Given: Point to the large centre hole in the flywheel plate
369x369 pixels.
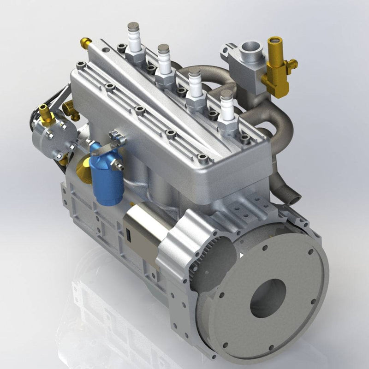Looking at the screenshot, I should tap(268, 298).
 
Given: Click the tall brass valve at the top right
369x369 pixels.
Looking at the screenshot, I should tap(275, 65).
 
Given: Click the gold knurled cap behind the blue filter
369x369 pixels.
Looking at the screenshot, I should tap(83, 168).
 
